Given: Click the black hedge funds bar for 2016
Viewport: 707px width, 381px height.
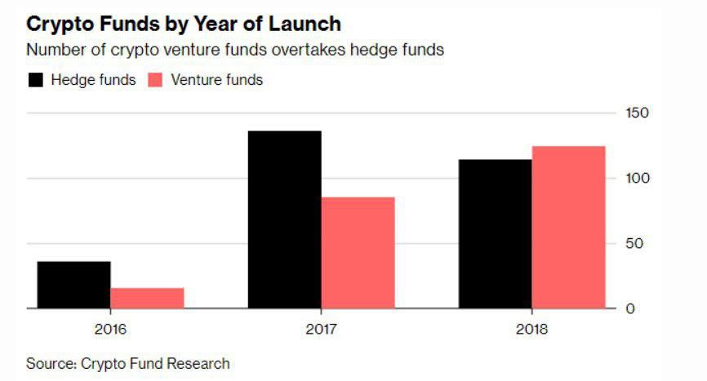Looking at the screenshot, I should click(x=73, y=285).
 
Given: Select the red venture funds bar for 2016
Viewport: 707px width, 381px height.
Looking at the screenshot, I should click(x=147, y=298).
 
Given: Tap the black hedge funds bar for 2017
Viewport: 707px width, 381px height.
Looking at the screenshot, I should click(x=284, y=219).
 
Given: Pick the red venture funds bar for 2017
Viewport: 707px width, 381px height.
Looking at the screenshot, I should click(x=358, y=253).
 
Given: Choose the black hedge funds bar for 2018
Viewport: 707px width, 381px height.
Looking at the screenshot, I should click(x=495, y=234).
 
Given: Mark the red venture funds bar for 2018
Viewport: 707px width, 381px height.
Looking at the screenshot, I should click(x=568, y=228).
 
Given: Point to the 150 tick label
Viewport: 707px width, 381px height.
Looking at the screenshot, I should click(x=636, y=113).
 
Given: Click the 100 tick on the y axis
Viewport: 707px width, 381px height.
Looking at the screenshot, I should click(x=636, y=178).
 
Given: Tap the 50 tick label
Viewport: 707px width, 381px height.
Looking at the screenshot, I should click(x=633, y=243).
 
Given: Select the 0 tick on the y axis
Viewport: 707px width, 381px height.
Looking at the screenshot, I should click(x=629, y=308).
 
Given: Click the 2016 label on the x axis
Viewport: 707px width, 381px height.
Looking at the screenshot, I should click(x=110, y=330).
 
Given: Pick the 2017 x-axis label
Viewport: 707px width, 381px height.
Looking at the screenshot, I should click(x=321, y=330).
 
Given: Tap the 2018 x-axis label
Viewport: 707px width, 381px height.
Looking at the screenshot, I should click(x=531, y=330).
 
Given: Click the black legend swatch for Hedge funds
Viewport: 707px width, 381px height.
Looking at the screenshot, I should click(x=35, y=80).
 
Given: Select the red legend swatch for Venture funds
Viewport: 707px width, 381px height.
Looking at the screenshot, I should click(x=155, y=80).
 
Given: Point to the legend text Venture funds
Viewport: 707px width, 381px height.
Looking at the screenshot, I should click(x=216, y=80).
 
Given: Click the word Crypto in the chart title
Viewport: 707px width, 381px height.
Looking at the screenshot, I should click(x=58, y=24).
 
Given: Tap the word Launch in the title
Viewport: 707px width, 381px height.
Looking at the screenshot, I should click(x=305, y=24).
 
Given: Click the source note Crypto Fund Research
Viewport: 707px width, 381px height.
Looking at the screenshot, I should click(x=155, y=363).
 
